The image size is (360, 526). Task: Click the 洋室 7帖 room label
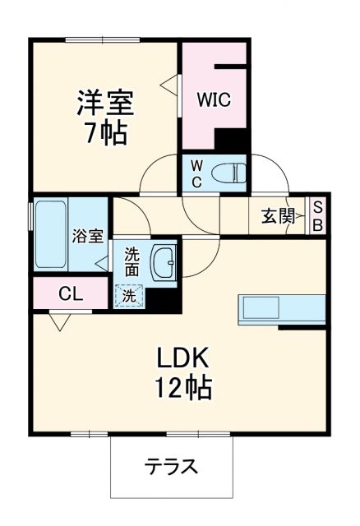104,117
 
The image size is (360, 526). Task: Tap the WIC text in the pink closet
213,99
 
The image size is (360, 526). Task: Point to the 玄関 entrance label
279,216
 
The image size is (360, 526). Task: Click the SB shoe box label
317,216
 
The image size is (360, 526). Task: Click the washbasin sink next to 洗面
164,261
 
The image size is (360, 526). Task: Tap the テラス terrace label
172,467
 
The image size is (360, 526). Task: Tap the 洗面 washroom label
132,261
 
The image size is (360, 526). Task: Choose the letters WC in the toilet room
196,173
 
